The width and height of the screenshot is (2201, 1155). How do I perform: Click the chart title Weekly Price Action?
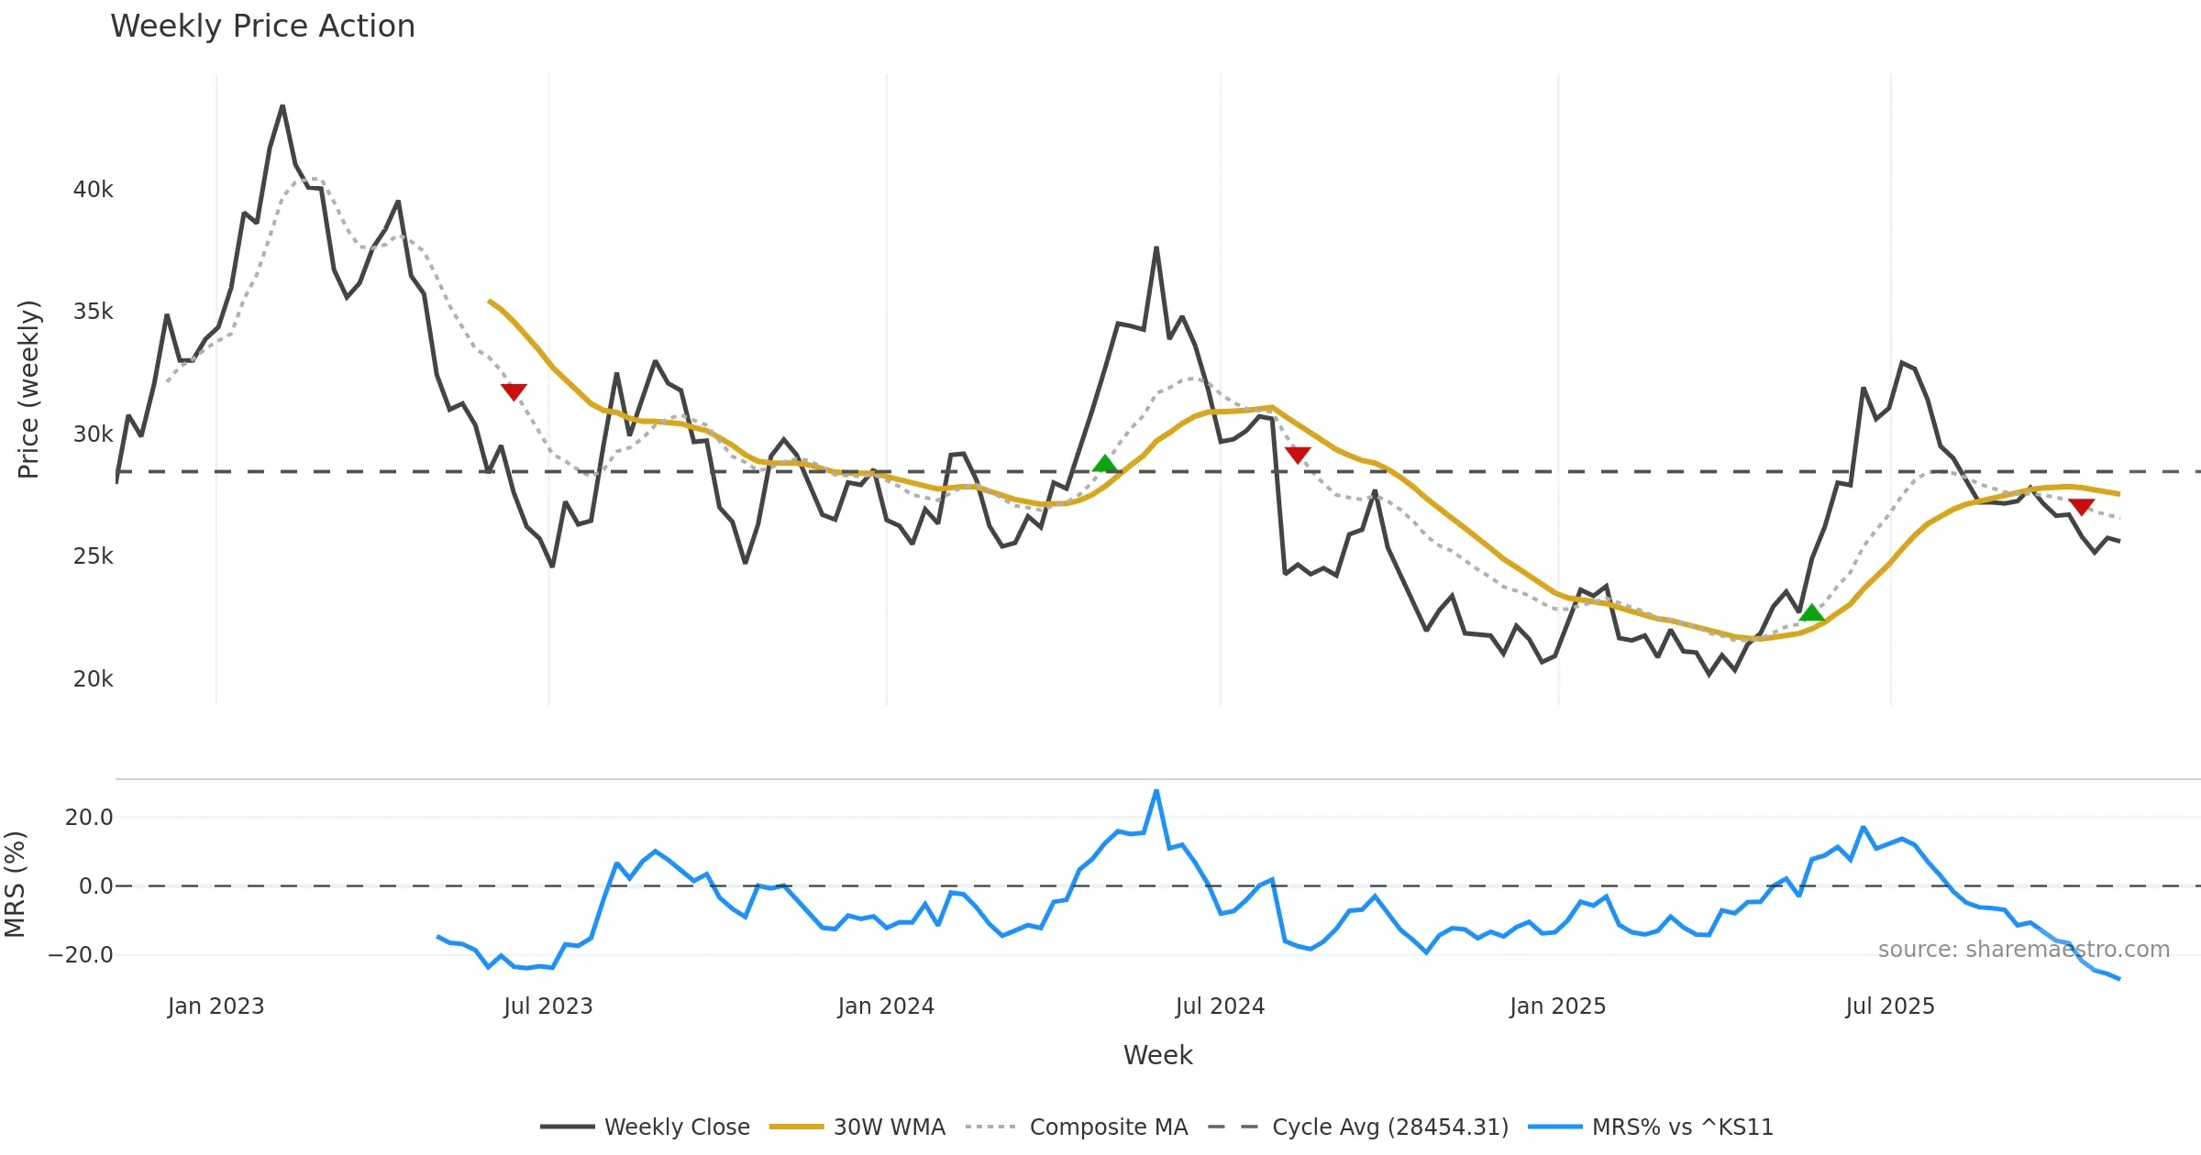(x=262, y=27)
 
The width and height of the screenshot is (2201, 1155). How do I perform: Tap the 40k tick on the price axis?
(x=93, y=190)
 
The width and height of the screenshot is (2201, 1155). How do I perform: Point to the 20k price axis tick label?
(x=93, y=679)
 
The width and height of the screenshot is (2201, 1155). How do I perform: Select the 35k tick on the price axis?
(x=93, y=312)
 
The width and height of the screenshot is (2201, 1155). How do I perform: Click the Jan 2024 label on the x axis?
(x=885, y=1006)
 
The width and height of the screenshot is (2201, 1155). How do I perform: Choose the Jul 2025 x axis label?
(x=1889, y=1006)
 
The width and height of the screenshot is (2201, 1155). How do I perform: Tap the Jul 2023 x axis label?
(x=547, y=1006)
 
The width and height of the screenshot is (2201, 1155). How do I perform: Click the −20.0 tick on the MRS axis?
(x=81, y=955)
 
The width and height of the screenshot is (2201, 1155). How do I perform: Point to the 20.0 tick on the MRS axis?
(x=88, y=818)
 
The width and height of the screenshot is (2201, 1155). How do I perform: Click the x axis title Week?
(x=1157, y=1056)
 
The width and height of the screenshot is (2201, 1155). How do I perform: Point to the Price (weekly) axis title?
(x=28, y=390)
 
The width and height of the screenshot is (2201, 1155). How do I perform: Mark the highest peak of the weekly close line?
(x=282, y=106)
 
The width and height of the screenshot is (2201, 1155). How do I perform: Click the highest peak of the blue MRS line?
(x=1156, y=790)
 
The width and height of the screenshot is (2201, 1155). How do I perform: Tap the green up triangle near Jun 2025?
(x=1811, y=613)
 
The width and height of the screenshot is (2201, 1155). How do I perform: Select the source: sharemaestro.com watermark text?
(x=2023, y=950)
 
